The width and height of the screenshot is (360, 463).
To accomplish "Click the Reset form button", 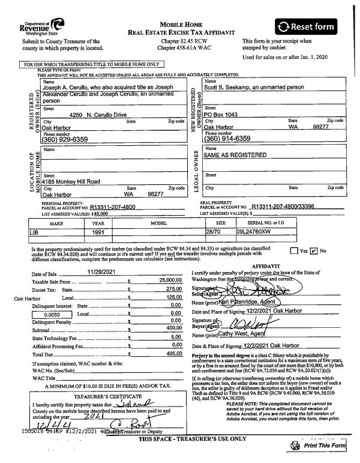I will point(314,26).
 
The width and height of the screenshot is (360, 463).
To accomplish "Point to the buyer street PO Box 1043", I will point(223,114).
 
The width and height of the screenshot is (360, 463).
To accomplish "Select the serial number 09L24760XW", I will point(256,231).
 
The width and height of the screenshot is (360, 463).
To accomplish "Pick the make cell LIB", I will point(35,231).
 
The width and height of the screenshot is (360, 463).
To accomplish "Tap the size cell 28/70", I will point(214,231).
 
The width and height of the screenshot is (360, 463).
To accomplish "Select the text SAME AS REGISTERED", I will point(235,154).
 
